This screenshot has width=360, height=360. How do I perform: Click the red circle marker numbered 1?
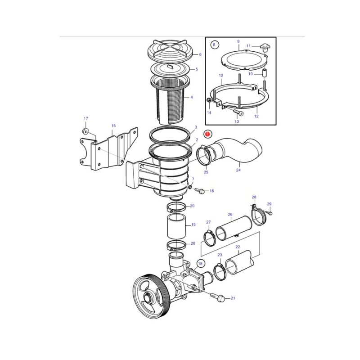208,134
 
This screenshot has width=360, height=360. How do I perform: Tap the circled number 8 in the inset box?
214,45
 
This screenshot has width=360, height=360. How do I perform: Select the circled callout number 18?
200,263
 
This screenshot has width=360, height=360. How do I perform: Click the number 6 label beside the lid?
200,54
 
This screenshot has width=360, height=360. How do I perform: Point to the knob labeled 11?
265,48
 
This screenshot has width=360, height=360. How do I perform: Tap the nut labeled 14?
209,100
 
